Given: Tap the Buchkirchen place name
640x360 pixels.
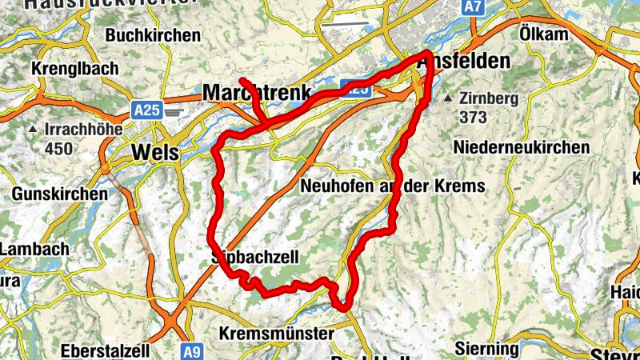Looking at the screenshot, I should pyautogui.click(x=153, y=35).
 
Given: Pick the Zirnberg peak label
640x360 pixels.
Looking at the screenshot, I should pyautogui.click(x=489, y=100).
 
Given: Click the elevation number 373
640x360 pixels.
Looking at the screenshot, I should pyautogui.click(x=474, y=117).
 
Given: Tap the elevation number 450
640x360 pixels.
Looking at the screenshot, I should pyautogui.click(x=59, y=148).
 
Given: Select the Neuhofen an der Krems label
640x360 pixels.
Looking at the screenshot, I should pyautogui.click(x=393, y=186).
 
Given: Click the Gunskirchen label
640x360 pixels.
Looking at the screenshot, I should pyautogui.click(x=59, y=194).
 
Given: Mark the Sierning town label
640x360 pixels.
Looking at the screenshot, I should pyautogui.click(x=486, y=350).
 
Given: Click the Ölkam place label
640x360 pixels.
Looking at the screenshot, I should pyautogui.click(x=543, y=34).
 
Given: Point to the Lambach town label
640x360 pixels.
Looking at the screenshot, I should pyautogui.click(x=34, y=249).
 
